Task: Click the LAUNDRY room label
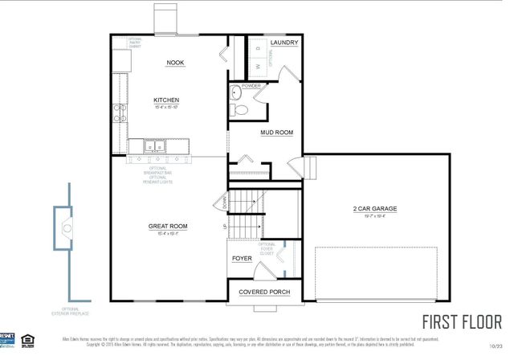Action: click(x=285, y=43)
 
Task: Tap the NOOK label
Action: click(x=175, y=63)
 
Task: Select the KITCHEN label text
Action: click(x=166, y=100)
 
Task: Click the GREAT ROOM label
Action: click(x=168, y=227)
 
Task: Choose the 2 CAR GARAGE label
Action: click(x=375, y=209)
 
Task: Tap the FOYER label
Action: click(x=242, y=259)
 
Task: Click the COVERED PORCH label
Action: click(x=265, y=292)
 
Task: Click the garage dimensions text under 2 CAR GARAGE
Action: click(x=375, y=216)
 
